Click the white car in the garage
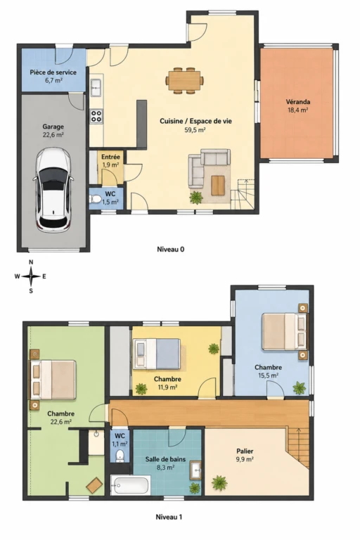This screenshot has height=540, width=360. pyautogui.click(x=53, y=189)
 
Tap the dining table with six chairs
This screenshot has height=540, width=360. pyautogui.click(x=184, y=81)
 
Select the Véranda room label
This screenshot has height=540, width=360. pyautogui.click(x=298, y=102)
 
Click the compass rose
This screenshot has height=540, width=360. pyautogui.click(x=31, y=276)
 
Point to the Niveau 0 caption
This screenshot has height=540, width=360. pyautogui.click(x=171, y=249)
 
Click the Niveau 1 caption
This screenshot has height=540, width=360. pyautogui.click(x=169, y=517)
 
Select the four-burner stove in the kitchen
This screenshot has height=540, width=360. pyautogui.click(x=96, y=116)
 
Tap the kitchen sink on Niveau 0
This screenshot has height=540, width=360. pyautogui.click(x=96, y=87)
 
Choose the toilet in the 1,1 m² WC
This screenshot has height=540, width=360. pyautogui.click(x=120, y=455)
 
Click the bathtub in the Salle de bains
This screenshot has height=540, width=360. pyautogui.click(x=131, y=485)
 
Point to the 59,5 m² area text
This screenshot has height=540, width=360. pyautogui.click(x=195, y=130)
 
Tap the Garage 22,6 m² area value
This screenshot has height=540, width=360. pyautogui.click(x=53, y=135)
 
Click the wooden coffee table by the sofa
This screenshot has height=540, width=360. pyautogui.click(x=218, y=186)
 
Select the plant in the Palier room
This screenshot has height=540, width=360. pyautogui.click(x=219, y=482)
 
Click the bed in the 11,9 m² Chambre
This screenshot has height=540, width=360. pyautogui.click(x=157, y=354)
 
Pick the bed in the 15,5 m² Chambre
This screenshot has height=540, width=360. pyautogui.click(x=285, y=331)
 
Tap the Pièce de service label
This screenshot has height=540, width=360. pyautogui.click(x=53, y=72)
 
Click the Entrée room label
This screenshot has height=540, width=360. pyautogui.click(x=110, y=157)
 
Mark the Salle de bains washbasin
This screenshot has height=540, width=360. pyautogui.click(x=195, y=470)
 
